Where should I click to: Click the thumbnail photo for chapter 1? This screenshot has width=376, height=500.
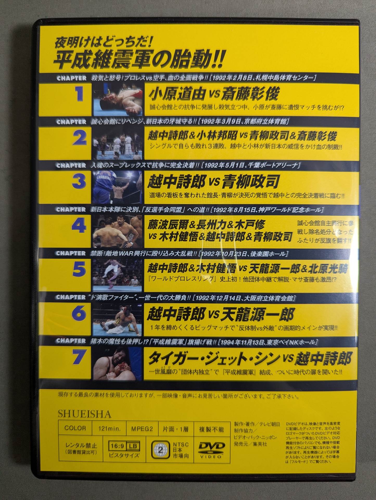click(118, 99)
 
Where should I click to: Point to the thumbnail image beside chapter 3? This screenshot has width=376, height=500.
click(118, 187)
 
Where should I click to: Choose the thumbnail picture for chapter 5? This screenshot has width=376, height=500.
click(118, 274)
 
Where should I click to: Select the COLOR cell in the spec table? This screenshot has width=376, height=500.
click(75, 428)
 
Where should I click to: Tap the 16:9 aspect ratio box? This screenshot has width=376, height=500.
click(117, 446)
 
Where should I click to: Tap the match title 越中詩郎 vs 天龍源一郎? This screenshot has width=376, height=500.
click(220, 315)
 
